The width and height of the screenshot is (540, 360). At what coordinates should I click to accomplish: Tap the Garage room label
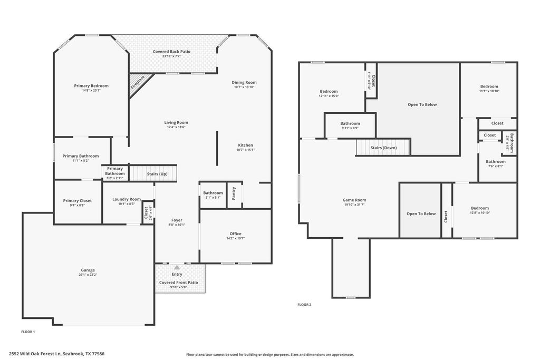[x=88, y=270]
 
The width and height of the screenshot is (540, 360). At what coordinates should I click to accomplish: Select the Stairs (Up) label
[x=157, y=174]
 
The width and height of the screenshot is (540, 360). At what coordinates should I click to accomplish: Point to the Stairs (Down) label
[x=384, y=148]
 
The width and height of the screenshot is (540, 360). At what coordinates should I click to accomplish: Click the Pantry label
[x=234, y=193]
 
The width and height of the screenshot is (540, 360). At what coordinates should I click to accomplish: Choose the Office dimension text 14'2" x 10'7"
[x=236, y=238]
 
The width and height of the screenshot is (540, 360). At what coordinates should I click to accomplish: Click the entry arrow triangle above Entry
[x=177, y=267]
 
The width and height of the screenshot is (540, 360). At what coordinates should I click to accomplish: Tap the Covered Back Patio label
[x=171, y=52]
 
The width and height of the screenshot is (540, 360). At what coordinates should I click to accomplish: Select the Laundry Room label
[x=127, y=199]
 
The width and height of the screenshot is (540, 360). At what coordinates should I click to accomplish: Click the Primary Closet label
[x=78, y=201]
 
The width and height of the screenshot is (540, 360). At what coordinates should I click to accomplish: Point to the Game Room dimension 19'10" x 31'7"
[x=354, y=205]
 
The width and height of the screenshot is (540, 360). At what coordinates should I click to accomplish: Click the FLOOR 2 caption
[x=304, y=305]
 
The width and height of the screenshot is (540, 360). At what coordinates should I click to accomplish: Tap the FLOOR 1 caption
[x=28, y=332]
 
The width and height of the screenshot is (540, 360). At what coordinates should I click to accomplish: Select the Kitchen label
[x=246, y=145]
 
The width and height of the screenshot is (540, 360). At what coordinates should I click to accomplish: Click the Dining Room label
[x=244, y=82]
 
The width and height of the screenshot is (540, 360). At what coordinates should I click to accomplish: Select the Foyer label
[x=177, y=220]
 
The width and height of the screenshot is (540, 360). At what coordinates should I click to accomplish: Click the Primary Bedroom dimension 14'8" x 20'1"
[x=91, y=91]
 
